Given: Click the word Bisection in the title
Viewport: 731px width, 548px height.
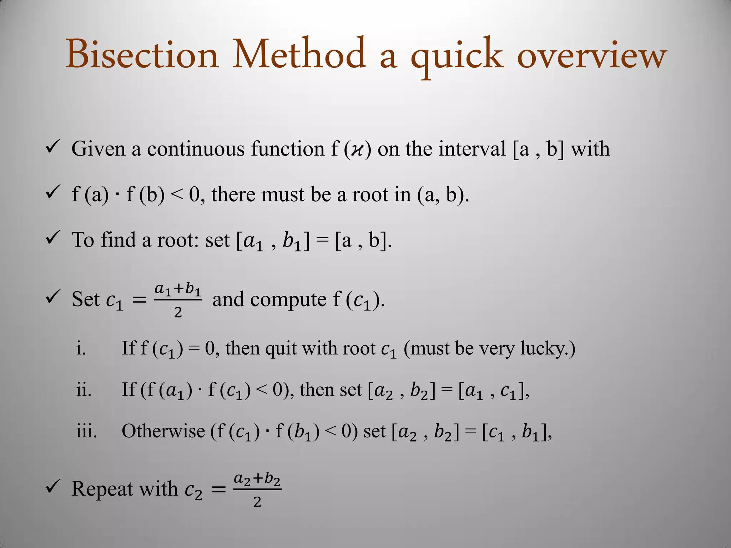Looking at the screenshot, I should (x=142, y=55).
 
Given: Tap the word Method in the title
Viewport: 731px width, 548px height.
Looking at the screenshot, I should (x=299, y=55).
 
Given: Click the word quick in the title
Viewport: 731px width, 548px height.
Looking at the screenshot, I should (x=457, y=57).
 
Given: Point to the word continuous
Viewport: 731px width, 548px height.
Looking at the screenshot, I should (x=196, y=149).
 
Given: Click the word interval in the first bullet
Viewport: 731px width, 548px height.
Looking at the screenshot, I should (x=472, y=149).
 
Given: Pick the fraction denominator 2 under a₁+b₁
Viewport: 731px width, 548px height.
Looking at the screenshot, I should (x=178, y=313).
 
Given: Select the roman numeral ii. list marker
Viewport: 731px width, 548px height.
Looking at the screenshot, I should (x=84, y=390).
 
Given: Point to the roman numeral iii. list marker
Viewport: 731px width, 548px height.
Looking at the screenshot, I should (x=86, y=431).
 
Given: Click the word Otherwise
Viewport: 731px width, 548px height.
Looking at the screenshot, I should (x=163, y=431).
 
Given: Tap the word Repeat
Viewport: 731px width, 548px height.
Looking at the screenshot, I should (x=102, y=489).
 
